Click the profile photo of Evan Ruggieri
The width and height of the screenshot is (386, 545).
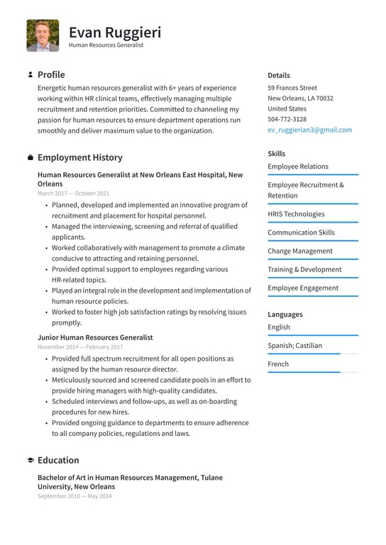pos(43,35)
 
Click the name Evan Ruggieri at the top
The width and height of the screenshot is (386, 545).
pos(115,32)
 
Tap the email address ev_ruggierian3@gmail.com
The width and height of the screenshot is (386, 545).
pos(309,130)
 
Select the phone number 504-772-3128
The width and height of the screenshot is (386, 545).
pos(287,119)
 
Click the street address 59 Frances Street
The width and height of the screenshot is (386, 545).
pos(292,88)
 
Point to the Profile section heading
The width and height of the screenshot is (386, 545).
pos(51,74)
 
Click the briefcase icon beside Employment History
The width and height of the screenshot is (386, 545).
pos(30,157)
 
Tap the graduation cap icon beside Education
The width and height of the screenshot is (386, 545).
pos(30,460)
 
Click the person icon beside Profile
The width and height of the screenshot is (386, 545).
pos(30,74)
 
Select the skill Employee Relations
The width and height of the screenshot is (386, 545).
pos(298,167)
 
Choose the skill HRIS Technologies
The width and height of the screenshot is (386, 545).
pos(296,214)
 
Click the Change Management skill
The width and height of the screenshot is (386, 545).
pos(299,251)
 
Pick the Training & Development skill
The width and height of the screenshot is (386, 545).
pos(304,269)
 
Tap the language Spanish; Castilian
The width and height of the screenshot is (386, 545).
pos(294,346)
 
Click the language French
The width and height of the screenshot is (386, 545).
pos(278,364)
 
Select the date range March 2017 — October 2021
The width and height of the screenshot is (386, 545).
pos(73,193)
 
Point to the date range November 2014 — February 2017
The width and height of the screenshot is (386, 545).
pos(79,347)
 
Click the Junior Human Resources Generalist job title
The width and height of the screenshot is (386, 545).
pos(95,337)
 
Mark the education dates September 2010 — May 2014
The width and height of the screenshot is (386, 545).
pos(74,496)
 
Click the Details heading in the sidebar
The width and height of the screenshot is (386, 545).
pos(278,75)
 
